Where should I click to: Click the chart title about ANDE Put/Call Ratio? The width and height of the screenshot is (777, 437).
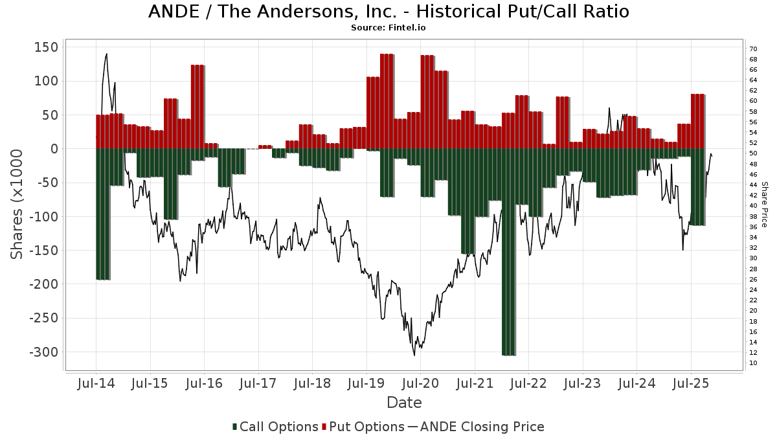tap(388, 12)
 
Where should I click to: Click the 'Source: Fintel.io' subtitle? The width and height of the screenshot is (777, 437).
tap(388, 28)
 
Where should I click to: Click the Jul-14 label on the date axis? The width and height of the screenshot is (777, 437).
tap(96, 383)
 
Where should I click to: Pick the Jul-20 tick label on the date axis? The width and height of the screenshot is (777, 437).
tap(420, 383)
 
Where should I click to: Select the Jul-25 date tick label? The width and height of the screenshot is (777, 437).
tap(690, 383)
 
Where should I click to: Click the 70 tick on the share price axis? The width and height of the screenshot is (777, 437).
tap(753, 49)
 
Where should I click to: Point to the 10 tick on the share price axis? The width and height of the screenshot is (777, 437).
tap(753, 363)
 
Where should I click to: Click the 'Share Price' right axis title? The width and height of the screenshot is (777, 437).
tap(764, 204)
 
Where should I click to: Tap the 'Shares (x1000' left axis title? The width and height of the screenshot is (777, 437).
tap(17, 204)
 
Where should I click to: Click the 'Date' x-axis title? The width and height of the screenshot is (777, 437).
tap(404, 403)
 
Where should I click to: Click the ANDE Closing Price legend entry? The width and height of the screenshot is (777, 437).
tap(482, 427)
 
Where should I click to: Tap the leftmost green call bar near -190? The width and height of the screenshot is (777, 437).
tap(102, 214)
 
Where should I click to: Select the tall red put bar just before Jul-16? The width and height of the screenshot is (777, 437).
tap(197, 107)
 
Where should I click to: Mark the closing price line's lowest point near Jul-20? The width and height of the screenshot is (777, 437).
tap(414, 354)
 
